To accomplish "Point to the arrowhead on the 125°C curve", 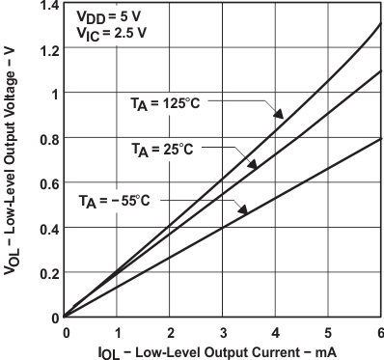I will click(279, 114).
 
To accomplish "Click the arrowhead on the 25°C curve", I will click(252, 165).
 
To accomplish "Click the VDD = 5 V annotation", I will click(102, 16).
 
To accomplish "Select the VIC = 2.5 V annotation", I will click(102, 32).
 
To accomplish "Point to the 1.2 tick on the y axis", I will click(44, 49).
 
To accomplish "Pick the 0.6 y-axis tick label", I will click(44, 183).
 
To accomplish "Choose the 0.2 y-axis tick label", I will click(44, 272).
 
